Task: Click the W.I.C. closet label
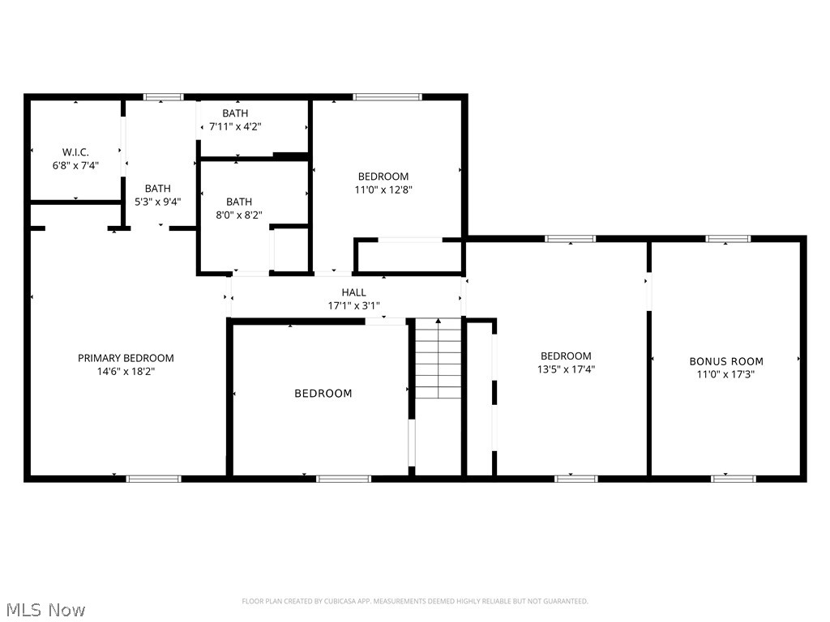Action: (75, 151)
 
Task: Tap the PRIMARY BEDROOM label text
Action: (126, 358)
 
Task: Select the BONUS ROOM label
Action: (726, 361)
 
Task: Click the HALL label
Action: (353, 292)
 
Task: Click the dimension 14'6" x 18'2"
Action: (126, 372)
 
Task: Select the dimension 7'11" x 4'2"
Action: (235, 126)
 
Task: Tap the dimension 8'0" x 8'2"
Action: (239, 215)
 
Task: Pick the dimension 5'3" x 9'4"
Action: (158, 202)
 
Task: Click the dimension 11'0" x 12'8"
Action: (383, 190)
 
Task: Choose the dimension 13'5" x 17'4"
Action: (566, 369)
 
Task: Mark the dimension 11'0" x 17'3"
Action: (726, 375)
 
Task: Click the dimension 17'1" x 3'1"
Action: (353, 306)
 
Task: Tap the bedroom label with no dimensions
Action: (323, 394)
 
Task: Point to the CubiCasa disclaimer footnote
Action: (415, 601)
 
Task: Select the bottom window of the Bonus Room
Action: (734, 479)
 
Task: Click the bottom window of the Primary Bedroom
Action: (154, 479)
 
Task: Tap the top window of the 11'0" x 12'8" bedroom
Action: (387, 97)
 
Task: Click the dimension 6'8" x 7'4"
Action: (75, 165)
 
